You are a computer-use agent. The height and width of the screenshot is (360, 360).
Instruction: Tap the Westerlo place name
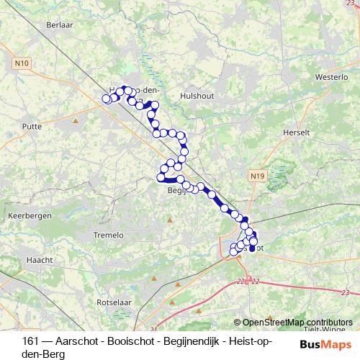[332, 76]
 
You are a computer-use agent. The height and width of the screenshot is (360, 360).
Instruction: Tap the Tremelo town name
[109, 235]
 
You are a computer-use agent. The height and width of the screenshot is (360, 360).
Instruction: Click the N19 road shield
[258, 176]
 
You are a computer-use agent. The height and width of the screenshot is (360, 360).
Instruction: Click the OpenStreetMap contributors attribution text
[297, 323]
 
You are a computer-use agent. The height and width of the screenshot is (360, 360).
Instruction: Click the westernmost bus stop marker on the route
[107, 98]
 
